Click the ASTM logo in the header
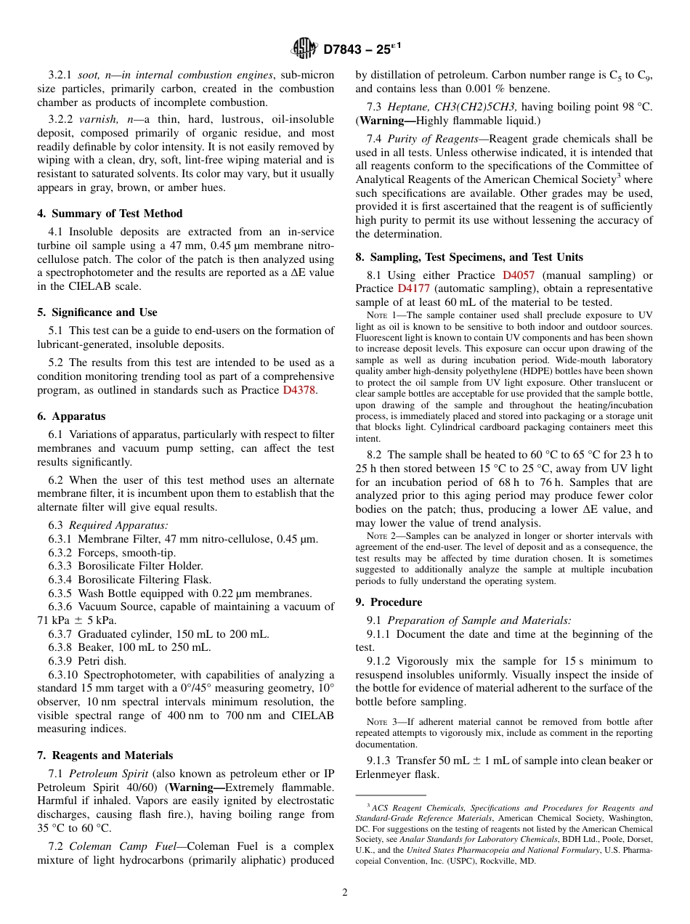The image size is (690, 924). coord(304,49)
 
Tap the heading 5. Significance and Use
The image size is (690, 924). coord(97,312)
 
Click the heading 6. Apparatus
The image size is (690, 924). coord(71,416)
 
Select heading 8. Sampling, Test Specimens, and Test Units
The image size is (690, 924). coord(469,257)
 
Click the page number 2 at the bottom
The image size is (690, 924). coord(345,893)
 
